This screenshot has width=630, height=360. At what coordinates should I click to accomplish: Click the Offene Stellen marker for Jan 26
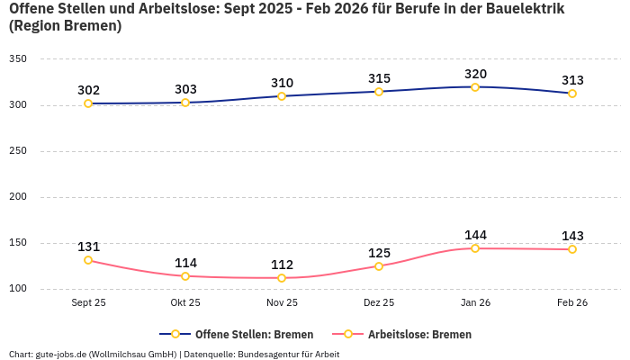475,87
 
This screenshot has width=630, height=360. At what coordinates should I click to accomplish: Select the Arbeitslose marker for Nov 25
282,278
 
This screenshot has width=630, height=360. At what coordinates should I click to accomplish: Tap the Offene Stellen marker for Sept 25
88,103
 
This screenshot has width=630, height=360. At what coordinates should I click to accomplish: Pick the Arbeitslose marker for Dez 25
379,266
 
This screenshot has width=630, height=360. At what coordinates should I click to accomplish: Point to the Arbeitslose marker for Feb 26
572,249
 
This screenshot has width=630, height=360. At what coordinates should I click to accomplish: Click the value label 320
475,74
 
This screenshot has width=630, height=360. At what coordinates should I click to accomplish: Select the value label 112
282,265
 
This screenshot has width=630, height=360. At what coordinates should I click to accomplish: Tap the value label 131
88,247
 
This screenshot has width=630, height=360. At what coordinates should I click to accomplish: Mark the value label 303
185,89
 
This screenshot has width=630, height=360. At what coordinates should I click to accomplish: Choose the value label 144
475,235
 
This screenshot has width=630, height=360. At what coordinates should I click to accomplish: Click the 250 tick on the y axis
18,151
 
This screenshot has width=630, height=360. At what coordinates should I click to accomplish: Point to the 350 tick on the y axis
18,59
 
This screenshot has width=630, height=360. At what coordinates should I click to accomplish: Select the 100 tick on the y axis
18,289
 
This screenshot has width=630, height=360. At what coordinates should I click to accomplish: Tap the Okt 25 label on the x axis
185,303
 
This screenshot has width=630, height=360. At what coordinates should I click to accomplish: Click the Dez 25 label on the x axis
379,303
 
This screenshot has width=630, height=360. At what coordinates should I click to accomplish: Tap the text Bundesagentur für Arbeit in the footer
288,355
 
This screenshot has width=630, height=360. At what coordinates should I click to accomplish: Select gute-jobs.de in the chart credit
60,355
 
